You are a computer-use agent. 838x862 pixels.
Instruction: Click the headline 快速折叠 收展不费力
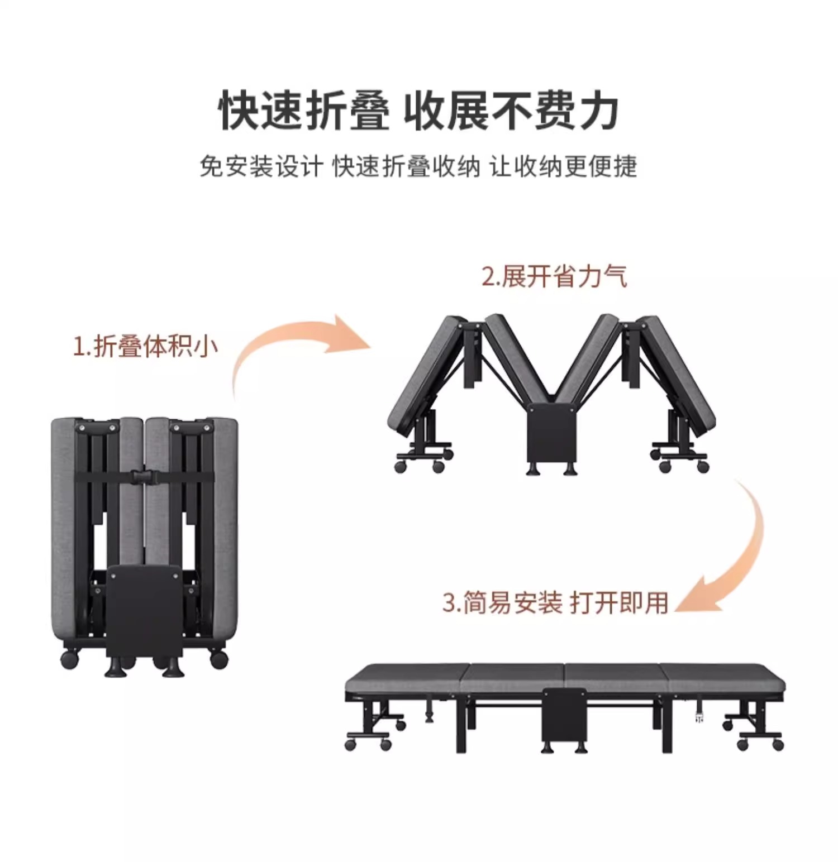pos(418,111)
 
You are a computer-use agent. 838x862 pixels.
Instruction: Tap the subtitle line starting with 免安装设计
pos(418,166)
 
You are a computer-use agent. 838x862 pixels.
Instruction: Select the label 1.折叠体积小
pos(145,346)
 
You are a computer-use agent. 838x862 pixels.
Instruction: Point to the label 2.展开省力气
pos(554,277)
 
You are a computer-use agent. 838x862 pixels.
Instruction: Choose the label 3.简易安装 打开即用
pos(555,603)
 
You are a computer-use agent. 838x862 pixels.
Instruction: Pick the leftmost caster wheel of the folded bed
pos(70,660)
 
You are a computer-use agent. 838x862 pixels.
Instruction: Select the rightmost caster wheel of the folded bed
pos(219,660)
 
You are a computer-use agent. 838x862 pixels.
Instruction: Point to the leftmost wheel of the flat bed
pos(350,745)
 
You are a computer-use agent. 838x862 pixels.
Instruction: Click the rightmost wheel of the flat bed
pos(778,745)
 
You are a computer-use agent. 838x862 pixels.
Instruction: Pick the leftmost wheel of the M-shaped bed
pos(400,467)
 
